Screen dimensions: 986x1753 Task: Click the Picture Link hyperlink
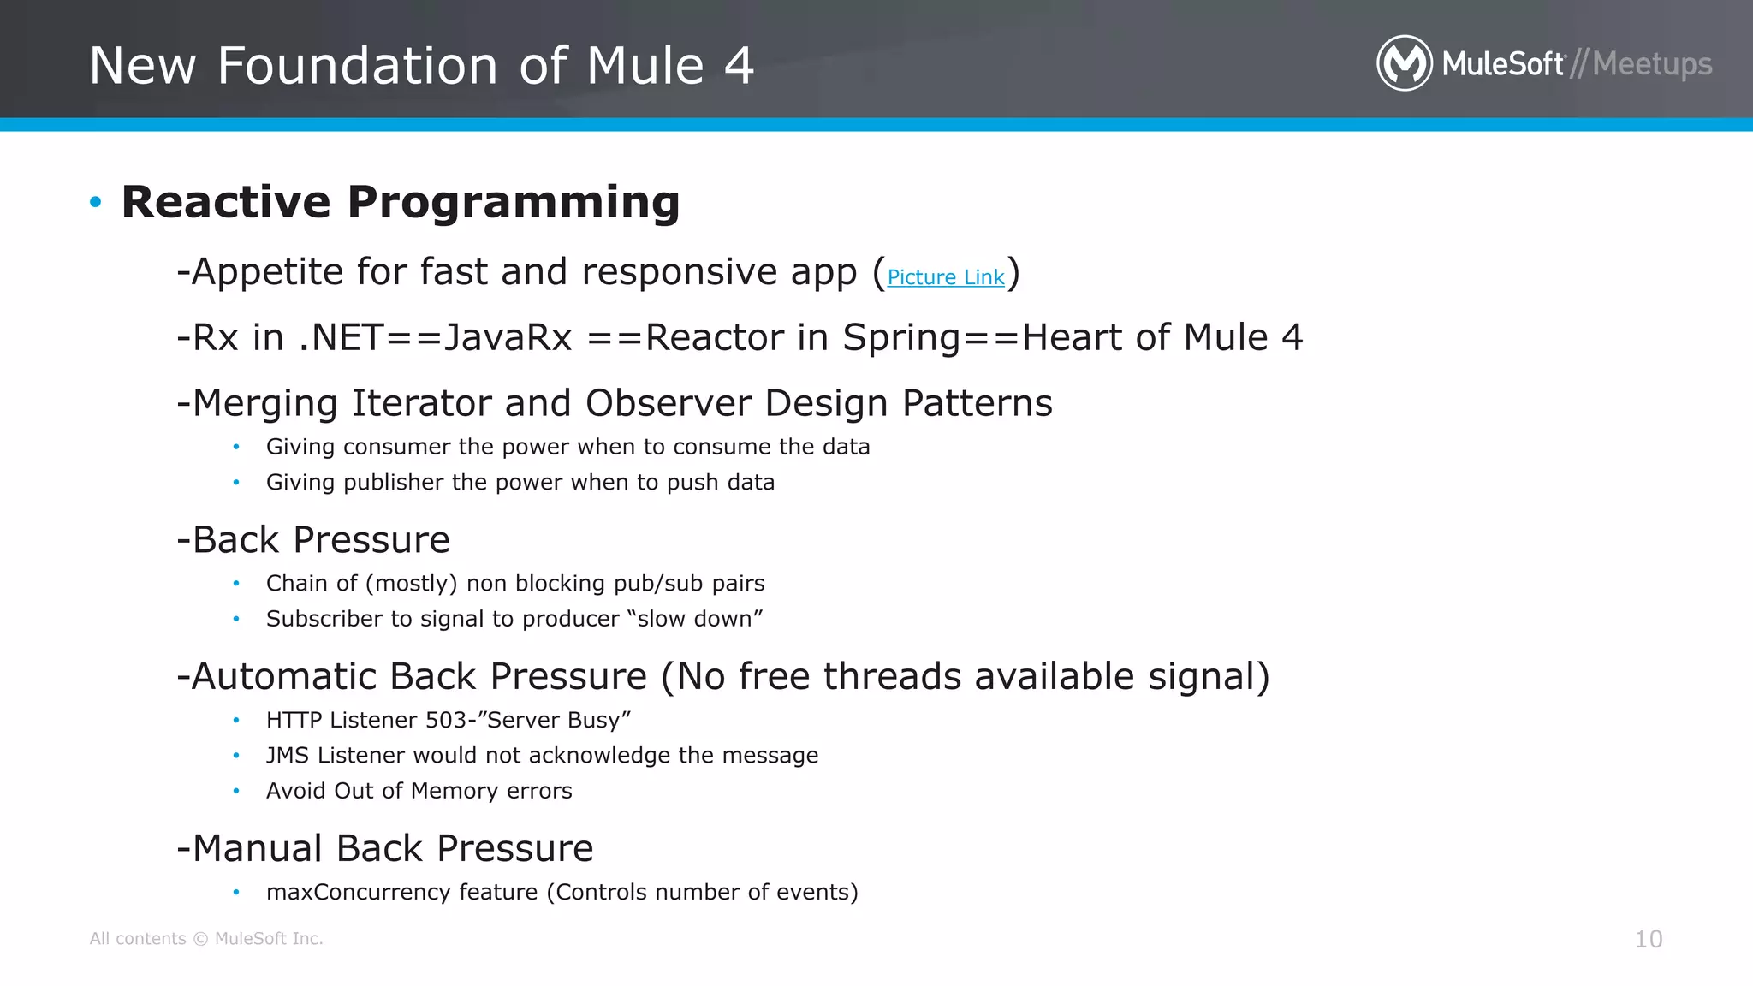click(x=945, y=277)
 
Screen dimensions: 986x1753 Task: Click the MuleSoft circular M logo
click(x=1404, y=63)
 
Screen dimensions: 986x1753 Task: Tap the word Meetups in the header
click(x=1652, y=64)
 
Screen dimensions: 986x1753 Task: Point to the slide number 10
click(x=1648, y=939)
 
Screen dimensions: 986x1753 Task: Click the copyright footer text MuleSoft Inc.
click(x=268, y=939)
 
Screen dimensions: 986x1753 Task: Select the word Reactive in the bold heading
click(x=226, y=203)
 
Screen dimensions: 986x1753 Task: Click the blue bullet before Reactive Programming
click(x=96, y=203)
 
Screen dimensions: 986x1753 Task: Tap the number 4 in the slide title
click(x=739, y=66)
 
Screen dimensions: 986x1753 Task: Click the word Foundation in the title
click(x=357, y=66)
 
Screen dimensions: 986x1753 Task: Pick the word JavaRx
click(x=508, y=337)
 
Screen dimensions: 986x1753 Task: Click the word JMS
click(x=287, y=755)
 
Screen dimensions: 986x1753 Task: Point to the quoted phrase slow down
click(x=693, y=618)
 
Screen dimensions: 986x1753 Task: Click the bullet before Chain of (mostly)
click(x=236, y=584)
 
